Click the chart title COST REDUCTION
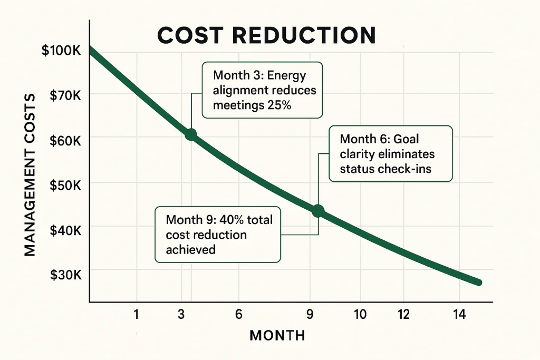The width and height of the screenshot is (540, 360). click(266, 35)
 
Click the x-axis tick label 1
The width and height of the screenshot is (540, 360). click(136, 315)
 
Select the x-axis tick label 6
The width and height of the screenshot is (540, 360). click(238, 315)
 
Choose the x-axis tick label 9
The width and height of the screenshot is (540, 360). click(311, 315)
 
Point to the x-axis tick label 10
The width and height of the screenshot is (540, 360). click(360, 315)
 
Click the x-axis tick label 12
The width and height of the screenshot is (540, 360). click(403, 315)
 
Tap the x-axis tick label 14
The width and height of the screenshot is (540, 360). click(459, 315)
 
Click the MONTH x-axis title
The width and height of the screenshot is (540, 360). click(277, 335)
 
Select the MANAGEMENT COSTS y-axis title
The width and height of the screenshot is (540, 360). click(30, 174)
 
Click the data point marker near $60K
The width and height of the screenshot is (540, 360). click(190, 134)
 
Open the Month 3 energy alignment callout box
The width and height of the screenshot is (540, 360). click(262, 90)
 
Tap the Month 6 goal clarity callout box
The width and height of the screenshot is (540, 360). click(390, 154)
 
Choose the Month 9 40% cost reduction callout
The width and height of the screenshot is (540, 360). click(217, 234)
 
